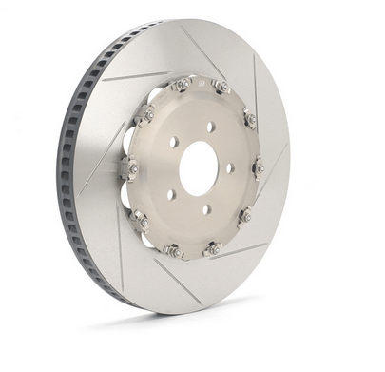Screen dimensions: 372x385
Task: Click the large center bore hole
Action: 198,169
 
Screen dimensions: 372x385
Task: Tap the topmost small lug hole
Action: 210,125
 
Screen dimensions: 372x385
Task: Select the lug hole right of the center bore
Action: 231,168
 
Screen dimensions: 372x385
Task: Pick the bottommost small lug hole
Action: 204,210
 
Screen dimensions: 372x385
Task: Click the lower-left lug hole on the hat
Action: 170,194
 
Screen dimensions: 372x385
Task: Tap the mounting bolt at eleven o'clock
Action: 180,85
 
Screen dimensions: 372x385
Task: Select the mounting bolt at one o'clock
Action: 221,88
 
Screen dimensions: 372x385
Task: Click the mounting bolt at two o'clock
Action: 251,119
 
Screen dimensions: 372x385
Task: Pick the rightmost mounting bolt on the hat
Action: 260,168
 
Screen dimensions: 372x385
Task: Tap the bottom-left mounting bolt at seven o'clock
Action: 174,251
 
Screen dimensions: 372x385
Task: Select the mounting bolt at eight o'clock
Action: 142,222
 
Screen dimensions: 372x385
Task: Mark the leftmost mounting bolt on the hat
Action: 131,169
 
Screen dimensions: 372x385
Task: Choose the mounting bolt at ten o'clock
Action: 146,115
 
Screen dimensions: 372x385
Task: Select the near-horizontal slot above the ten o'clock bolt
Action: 133,77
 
